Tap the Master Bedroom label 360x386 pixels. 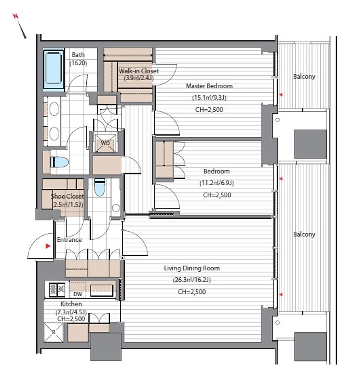(x=209, y=86)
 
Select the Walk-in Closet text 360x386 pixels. (x=139, y=71)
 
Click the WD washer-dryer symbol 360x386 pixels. (x=105, y=143)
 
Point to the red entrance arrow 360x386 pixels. (x=48, y=246)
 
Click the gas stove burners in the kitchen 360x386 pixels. (x=57, y=290)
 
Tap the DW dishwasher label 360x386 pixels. (x=78, y=294)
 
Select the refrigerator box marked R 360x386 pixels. (x=54, y=332)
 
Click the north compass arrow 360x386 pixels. (x=20, y=26)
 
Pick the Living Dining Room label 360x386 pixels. (x=192, y=268)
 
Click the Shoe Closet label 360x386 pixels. (x=67, y=196)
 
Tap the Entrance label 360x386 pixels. (x=69, y=239)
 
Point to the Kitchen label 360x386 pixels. (x=71, y=304)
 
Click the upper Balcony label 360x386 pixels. (x=304, y=77)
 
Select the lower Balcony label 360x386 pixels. (x=304, y=234)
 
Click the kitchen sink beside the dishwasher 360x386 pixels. (x=102, y=290)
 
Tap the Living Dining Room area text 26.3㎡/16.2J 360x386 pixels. (x=192, y=280)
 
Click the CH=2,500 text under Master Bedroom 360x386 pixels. (x=209, y=110)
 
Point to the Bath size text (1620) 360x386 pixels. (x=78, y=63)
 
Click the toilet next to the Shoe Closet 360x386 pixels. (x=100, y=187)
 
